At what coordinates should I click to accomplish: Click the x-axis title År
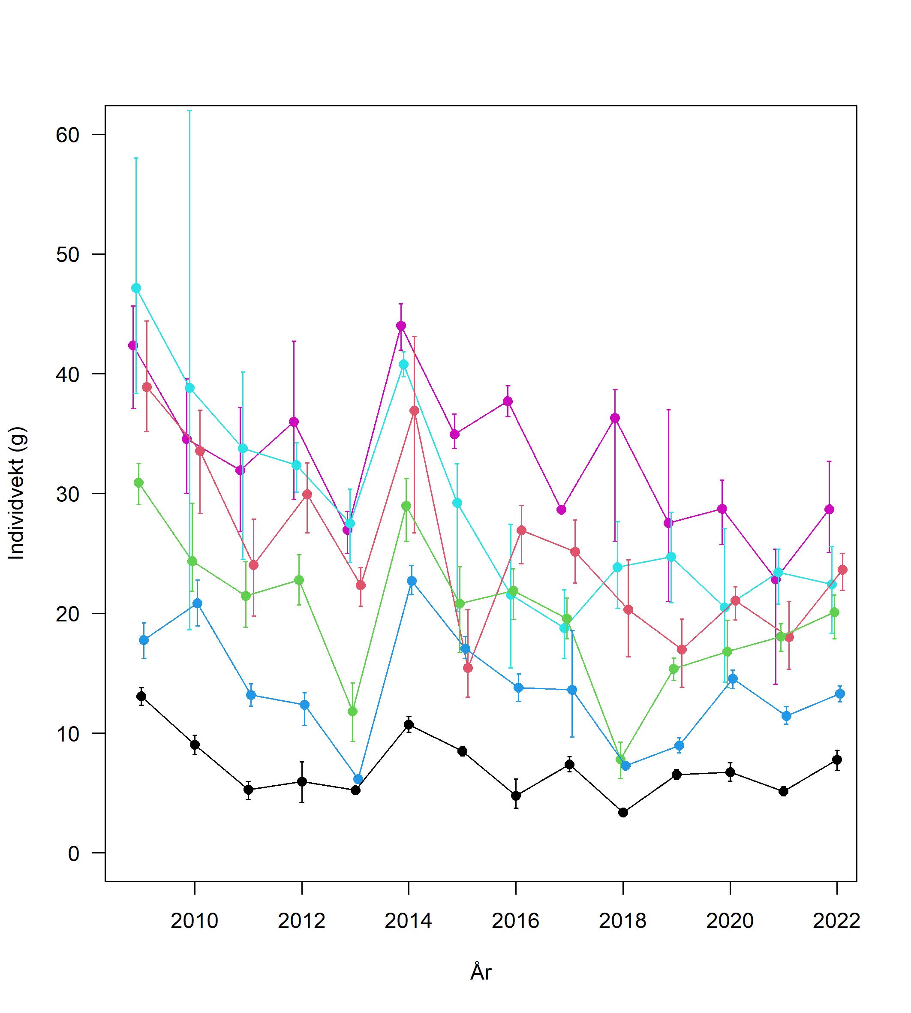(481, 986)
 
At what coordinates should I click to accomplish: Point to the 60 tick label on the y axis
(68, 135)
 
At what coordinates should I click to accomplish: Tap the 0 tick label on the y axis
(74, 853)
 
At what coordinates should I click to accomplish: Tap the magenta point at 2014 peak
(401, 326)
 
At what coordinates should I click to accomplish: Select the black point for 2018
(623, 812)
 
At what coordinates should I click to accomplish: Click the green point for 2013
(352, 711)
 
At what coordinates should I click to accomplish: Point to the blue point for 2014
(412, 581)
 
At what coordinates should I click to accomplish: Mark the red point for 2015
(468, 668)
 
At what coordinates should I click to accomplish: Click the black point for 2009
(141, 696)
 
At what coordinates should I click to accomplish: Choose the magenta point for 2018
(615, 418)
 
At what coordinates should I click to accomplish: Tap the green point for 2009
(138, 483)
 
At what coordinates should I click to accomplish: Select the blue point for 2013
(358, 779)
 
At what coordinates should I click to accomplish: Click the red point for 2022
(842, 570)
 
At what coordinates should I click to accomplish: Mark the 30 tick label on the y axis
(68, 494)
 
